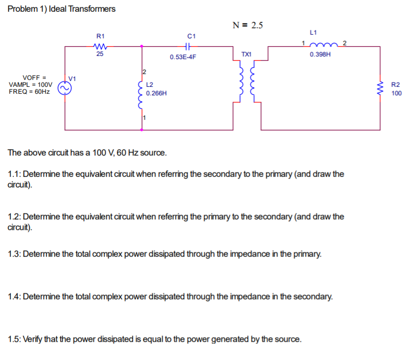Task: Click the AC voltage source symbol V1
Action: pyautogui.click(x=65, y=88)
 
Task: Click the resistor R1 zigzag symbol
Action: pyautogui.click(x=100, y=46)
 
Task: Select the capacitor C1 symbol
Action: pyautogui.click(x=192, y=46)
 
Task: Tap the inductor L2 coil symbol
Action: pyautogui.click(x=141, y=95)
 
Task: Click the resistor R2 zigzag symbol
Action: pyautogui.click(x=380, y=88)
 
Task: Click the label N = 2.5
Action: pyautogui.click(x=248, y=25)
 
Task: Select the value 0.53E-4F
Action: pyautogui.click(x=183, y=56)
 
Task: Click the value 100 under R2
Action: pyautogui.click(x=396, y=93)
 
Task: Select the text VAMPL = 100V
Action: pyautogui.click(x=31, y=85)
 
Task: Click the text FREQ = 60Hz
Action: pyautogui.click(x=30, y=92)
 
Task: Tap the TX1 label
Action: pyautogui.click(x=247, y=54)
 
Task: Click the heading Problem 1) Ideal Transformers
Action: pyautogui.click(x=62, y=9)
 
